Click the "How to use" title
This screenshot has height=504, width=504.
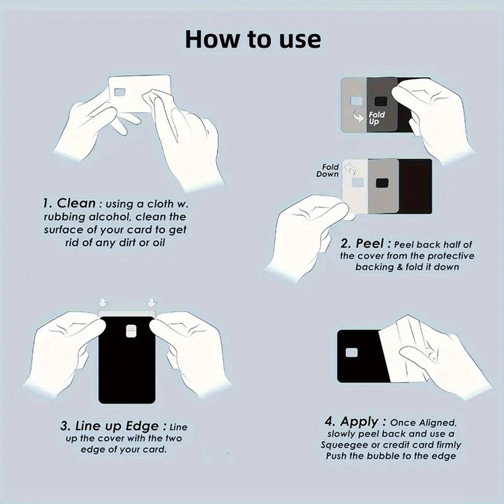click(x=253, y=39)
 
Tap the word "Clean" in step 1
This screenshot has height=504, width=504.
click(x=76, y=203)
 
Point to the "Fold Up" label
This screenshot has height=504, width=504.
click(x=376, y=118)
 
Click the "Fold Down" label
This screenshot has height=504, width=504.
click(x=328, y=171)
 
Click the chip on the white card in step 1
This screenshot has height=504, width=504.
click(x=120, y=92)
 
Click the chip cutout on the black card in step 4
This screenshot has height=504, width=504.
click(x=351, y=352)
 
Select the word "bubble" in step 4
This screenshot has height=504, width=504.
click(x=383, y=456)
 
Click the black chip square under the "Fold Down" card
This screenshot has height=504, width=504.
click(x=382, y=182)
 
